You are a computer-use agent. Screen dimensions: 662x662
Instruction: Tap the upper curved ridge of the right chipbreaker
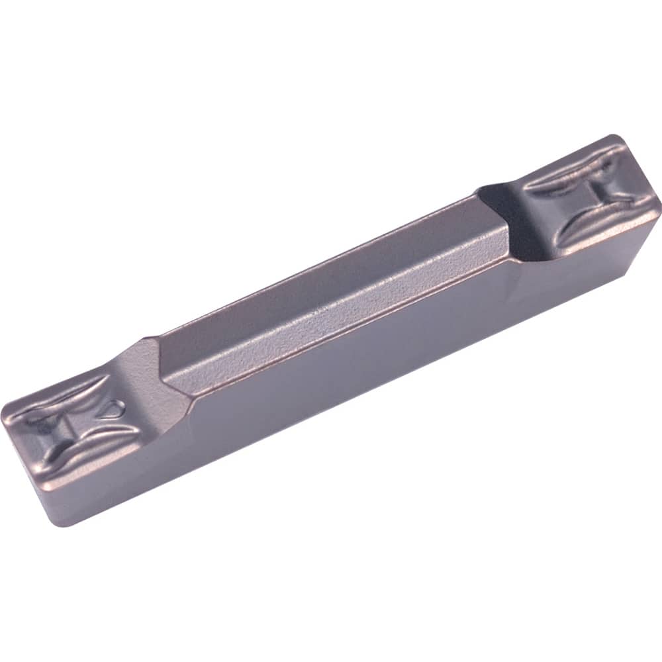[569, 165]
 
